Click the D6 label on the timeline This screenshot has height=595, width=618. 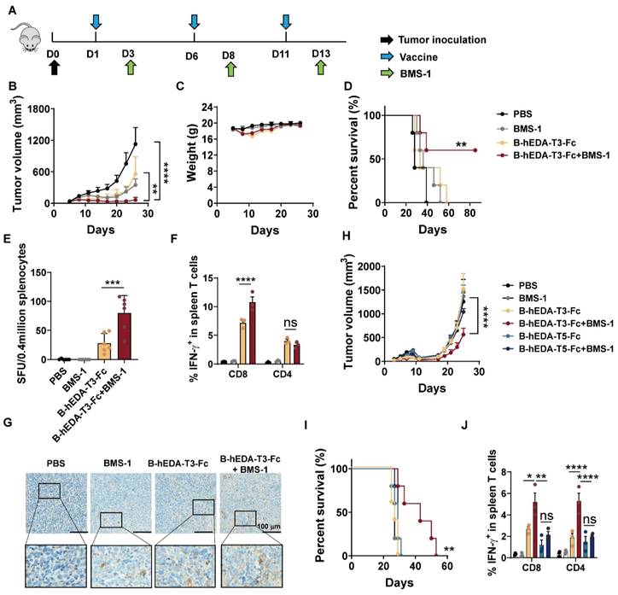(195, 55)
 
